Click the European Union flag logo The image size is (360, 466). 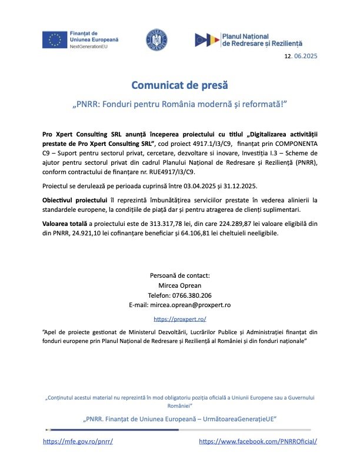(x=54, y=39)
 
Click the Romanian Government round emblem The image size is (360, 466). (x=156, y=40)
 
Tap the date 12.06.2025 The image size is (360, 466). (x=301, y=56)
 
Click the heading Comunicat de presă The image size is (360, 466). (x=179, y=85)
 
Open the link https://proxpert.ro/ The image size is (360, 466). (x=179, y=318)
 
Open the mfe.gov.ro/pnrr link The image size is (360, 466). (x=78, y=441)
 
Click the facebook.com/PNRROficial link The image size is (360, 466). (x=258, y=441)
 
